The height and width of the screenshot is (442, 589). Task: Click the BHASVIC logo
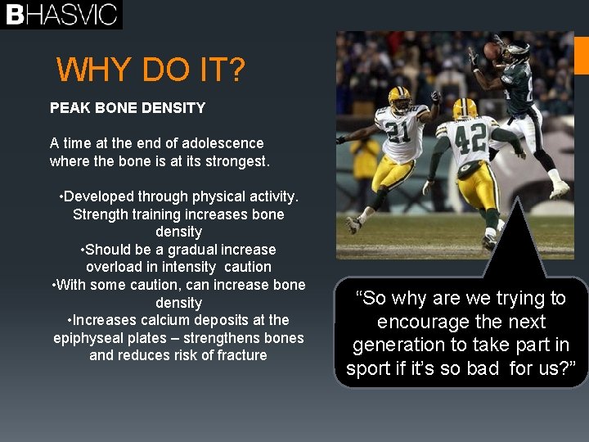[61, 15]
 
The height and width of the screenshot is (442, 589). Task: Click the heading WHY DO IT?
[151, 70]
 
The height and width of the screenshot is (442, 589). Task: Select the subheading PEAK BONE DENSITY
[128, 107]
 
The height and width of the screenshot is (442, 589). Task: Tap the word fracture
[242, 355]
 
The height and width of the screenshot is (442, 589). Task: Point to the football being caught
[492, 51]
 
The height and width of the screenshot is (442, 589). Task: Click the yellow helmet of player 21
[400, 99]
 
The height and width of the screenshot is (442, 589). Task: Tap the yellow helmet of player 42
[465, 109]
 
